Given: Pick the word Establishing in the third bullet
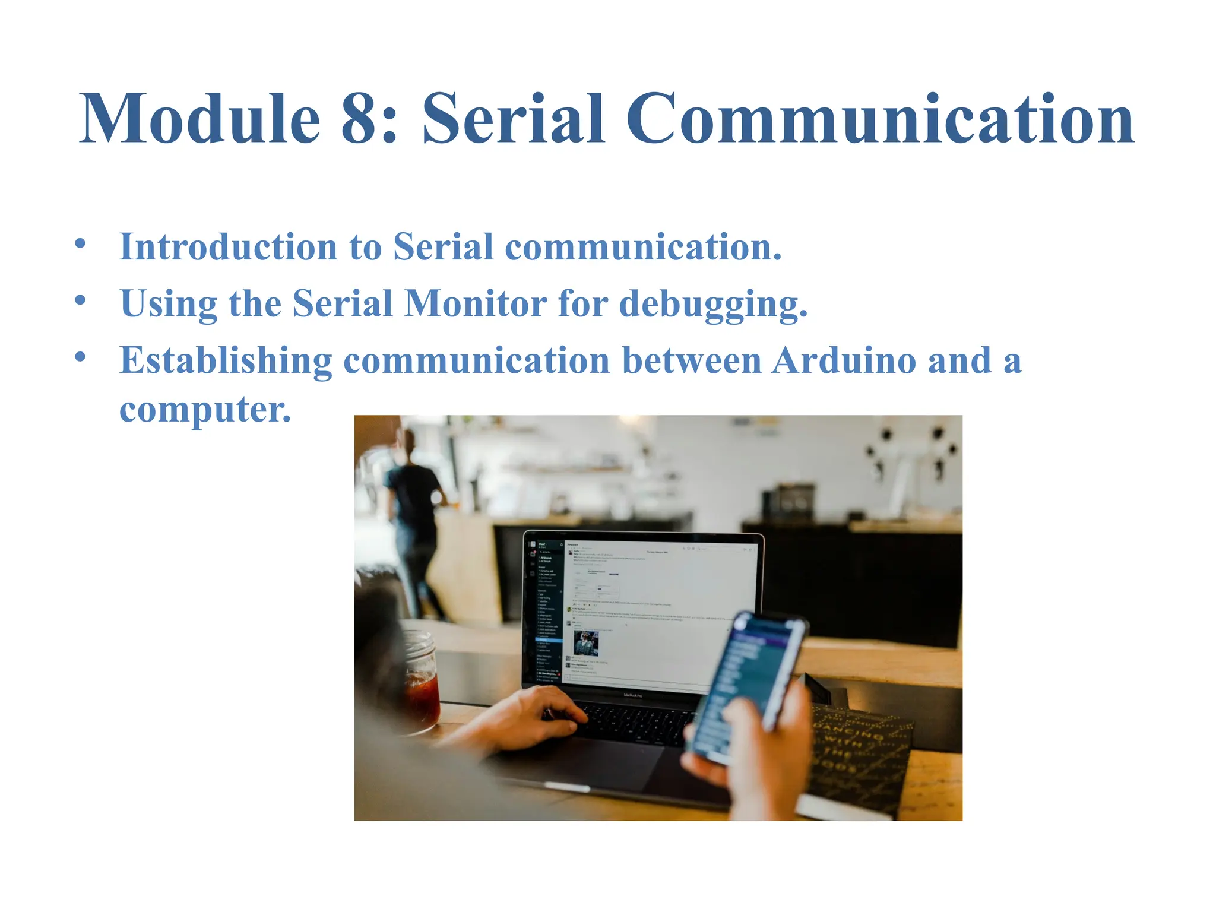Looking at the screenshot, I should tap(226, 361).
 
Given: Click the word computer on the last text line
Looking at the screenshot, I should tap(205, 410).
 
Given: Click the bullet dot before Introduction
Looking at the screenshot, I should tap(81, 243).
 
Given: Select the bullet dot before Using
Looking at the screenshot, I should tap(81, 300).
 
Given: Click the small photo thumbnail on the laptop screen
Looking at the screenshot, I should tap(586, 643).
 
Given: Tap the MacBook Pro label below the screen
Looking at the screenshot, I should tap(632, 695).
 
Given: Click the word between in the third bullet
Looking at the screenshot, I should tap(692, 360).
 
